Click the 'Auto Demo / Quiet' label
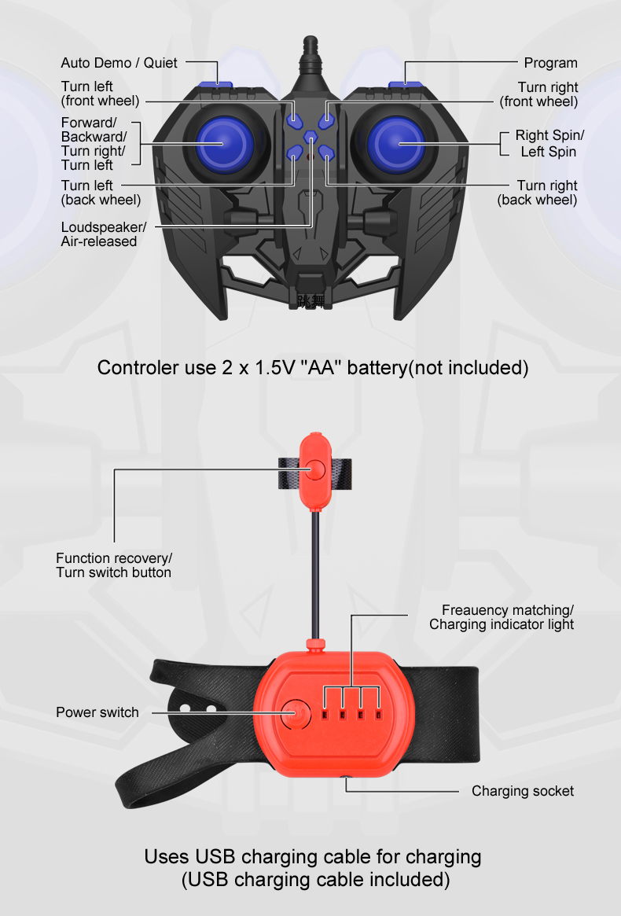[x=119, y=62]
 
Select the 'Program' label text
[x=550, y=63]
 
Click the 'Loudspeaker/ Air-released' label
[x=102, y=234]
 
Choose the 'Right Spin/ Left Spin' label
[x=549, y=144]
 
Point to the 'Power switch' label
[x=97, y=712]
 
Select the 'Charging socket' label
[x=523, y=791]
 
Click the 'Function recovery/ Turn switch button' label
[x=113, y=565]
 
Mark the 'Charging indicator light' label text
[x=502, y=624]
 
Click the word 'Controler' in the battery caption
[x=138, y=368]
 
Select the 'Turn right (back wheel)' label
[x=538, y=193]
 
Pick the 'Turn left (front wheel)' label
[x=100, y=94]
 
